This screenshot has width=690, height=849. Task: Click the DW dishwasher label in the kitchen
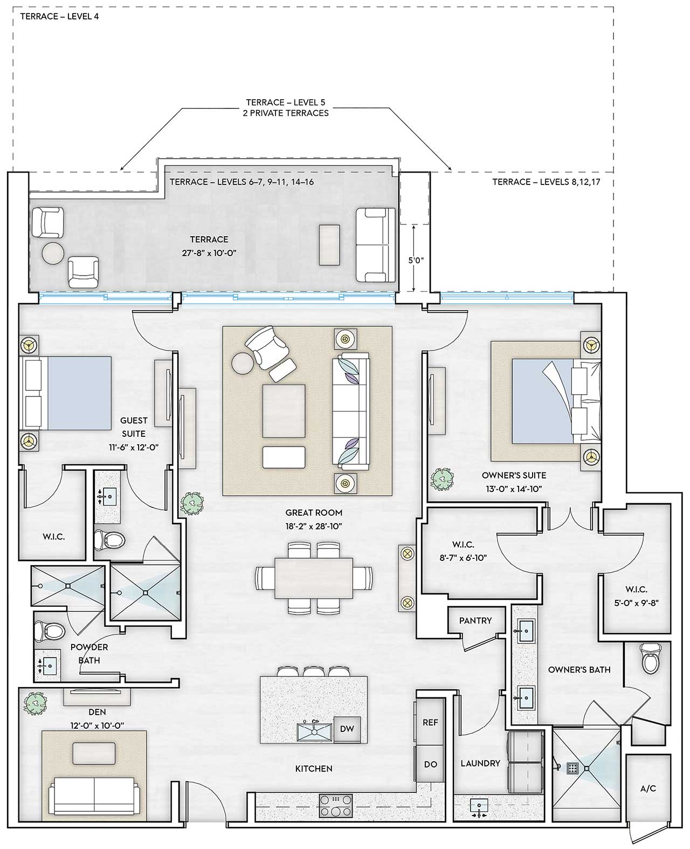pyautogui.click(x=347, y=729)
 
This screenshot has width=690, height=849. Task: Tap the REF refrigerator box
pyautogui.click(x=430, y=722)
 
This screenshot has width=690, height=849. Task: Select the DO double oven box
pyautogui.click(x=430, y=764)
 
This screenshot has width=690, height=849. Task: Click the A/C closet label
pyautogui.click(x=648, y=788)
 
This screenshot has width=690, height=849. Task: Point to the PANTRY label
pyautogui.click(x=475, y=620)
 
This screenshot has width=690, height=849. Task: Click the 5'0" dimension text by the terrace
pyautogui.click(x=416, y=260)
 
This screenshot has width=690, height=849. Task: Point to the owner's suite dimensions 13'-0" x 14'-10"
pyautogui.click(x=513, y=489)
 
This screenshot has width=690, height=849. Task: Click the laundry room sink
pyautogui.click(x=479, y=806)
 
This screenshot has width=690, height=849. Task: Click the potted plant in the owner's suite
pyautogui.click(x=443, y=478)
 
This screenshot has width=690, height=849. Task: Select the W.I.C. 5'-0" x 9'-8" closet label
pyautogui.click(x=637, y=596)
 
